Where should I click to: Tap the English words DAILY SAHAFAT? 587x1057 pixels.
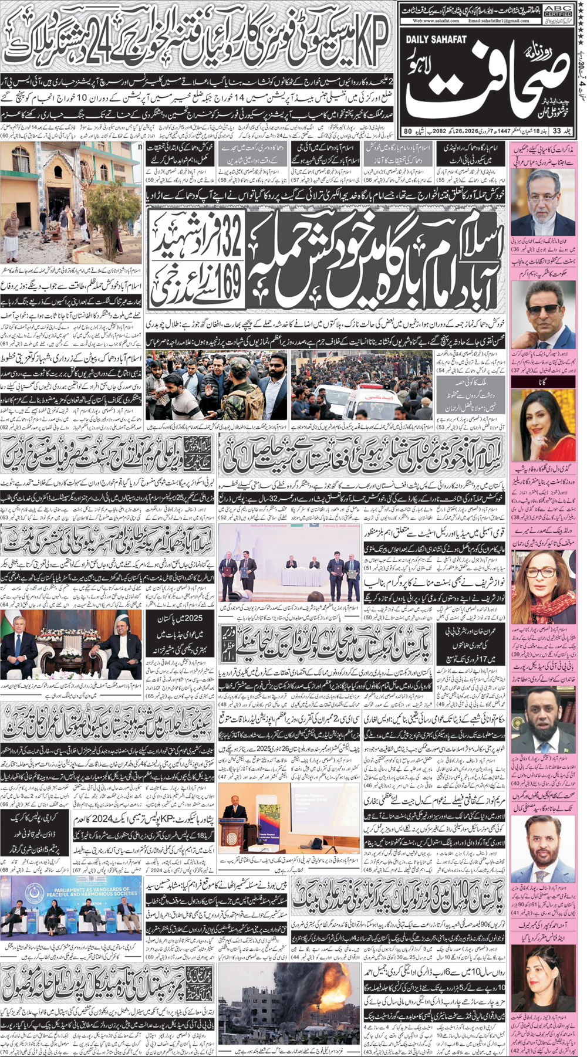pos(435,38)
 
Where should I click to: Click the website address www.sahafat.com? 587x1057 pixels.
pos(434,21)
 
